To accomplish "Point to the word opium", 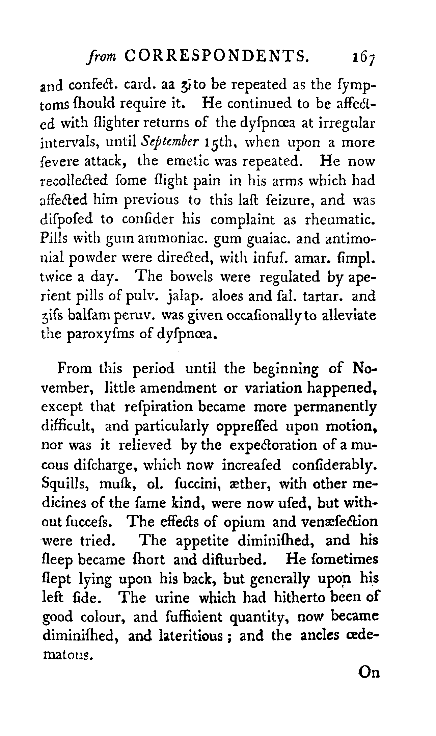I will point(245,522).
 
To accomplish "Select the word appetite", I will point(202,541).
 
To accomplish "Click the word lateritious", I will point(190,636).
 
